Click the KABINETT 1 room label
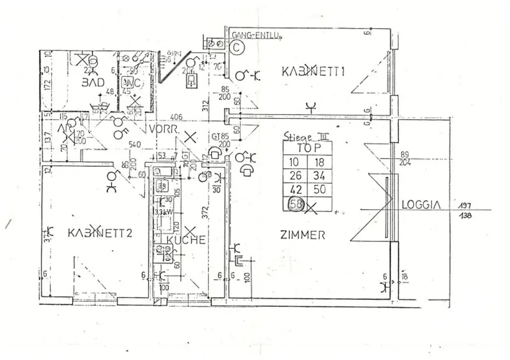click(314, 72)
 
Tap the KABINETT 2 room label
click(100, 233)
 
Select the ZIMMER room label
click(302, 235)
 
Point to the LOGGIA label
click(421, 204)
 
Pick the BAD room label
click(93, 82)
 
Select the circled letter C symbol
click(238, 47)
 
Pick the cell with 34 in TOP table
click(319, 176)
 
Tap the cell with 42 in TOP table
click(296, 190)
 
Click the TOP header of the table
click(307, 148)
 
